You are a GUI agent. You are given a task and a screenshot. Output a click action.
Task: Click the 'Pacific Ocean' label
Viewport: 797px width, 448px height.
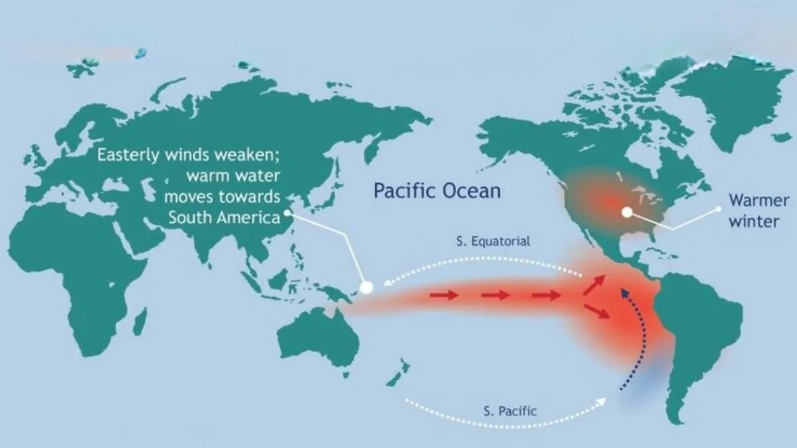tap(436, 191)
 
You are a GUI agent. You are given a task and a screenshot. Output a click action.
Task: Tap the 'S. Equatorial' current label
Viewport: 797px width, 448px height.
tap(492, 242)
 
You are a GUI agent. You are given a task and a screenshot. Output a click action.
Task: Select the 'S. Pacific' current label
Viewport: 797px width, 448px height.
tap(510, 411)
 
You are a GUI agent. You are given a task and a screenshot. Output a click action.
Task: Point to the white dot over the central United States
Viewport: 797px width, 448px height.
tap(626, 212)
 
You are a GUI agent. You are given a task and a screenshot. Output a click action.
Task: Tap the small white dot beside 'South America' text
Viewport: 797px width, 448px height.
tap(288, 214)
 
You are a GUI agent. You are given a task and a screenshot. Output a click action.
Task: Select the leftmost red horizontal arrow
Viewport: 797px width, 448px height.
tap(444, 295)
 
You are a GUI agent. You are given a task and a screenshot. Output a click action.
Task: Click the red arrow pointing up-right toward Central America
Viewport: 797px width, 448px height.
tap(594, 285)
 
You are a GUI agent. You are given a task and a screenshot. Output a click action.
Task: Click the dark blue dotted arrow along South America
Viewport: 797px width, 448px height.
tap(634, 338)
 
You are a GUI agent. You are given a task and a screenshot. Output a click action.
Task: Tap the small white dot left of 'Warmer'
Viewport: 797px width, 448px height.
tap(718, 208)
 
